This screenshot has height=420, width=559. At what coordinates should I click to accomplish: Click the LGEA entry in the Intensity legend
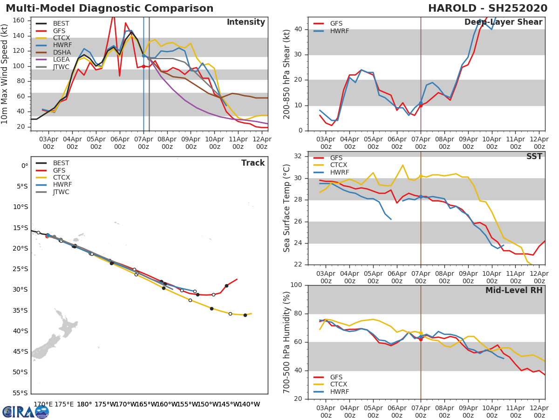tap(61, 59)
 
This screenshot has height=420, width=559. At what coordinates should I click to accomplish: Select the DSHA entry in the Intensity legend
tap(61, 52)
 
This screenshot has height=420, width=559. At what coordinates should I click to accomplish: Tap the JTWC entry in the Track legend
tap(61, 192)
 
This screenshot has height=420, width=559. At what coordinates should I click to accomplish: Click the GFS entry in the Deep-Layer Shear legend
tap(336, 23)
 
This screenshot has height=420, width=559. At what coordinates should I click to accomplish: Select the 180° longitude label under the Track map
tap(84, 404)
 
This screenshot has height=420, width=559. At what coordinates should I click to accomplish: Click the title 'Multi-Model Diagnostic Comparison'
tap(109, 8)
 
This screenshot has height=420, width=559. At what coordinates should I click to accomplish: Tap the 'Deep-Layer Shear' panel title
tap(503, 22)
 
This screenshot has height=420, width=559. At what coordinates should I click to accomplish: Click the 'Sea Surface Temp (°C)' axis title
tap(287, 208)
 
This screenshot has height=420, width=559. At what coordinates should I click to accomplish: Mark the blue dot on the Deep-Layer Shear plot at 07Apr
tap(421, 103)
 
